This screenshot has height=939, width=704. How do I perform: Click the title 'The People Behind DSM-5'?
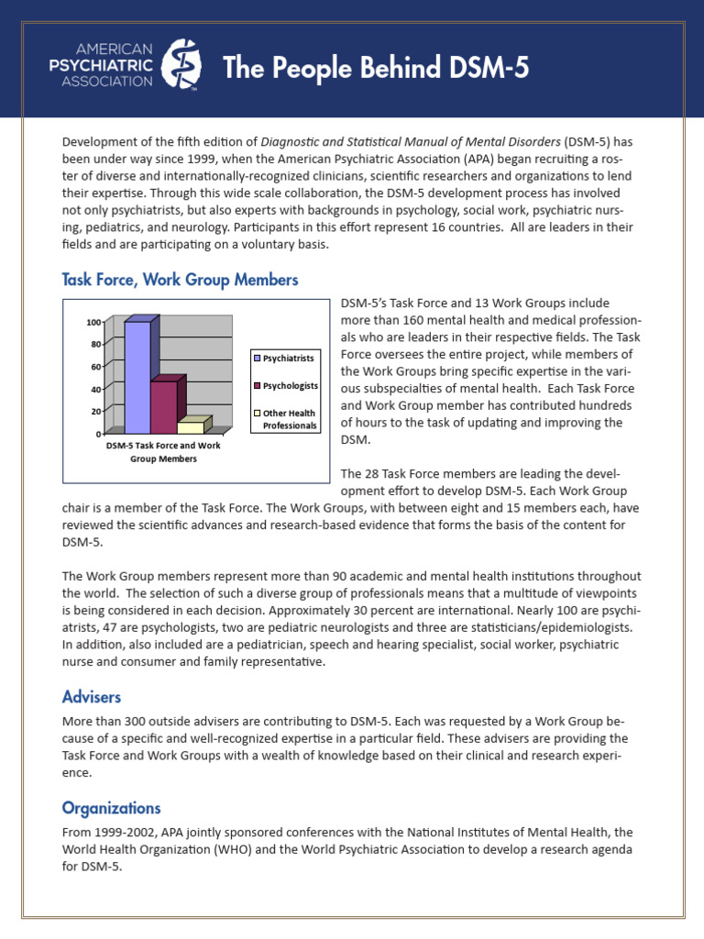click(376, 68)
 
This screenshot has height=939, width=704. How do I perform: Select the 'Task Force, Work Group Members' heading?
click(180, 279)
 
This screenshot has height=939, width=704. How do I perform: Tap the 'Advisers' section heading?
click(92, 697)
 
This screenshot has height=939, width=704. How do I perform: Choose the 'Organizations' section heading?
click(111, 808)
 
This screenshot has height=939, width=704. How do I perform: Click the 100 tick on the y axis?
click(93, 322)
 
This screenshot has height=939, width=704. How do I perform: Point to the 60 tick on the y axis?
click(95, 367)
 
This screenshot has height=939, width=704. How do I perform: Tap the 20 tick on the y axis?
click(95, 412)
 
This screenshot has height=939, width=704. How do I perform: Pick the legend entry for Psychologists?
click(286, 386)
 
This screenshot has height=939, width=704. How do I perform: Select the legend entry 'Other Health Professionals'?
click(286, 419)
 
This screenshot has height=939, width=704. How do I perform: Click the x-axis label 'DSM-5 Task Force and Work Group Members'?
click(163, 451)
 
